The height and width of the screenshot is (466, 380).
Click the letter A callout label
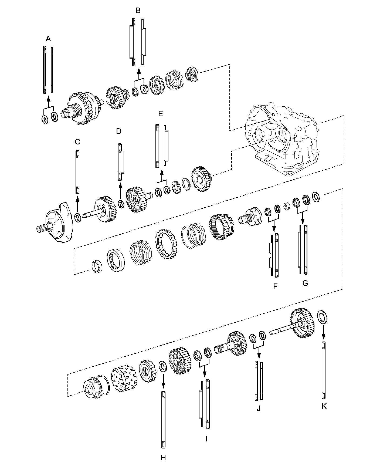(x=48, y=39)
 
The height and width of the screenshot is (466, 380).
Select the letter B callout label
(x=138, y=11)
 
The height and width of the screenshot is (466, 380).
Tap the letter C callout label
(x=77, y=141)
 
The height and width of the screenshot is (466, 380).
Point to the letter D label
(x=119, y=131)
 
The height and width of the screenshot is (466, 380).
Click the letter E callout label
(x=161, y=114)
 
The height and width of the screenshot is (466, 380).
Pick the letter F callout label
(x=275, y=286)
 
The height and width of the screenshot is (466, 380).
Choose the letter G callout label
(x=305, y=283)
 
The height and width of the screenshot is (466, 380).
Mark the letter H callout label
(x=163, y=457)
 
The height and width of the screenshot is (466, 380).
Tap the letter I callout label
(x=206, y=439)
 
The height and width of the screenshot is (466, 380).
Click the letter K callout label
(x=324, y=406)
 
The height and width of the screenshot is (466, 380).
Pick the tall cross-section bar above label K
(x=324, y=370)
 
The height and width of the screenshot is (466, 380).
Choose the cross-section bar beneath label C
(x=77, y=172)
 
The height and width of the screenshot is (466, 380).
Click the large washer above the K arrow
(x=322, y=317)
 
